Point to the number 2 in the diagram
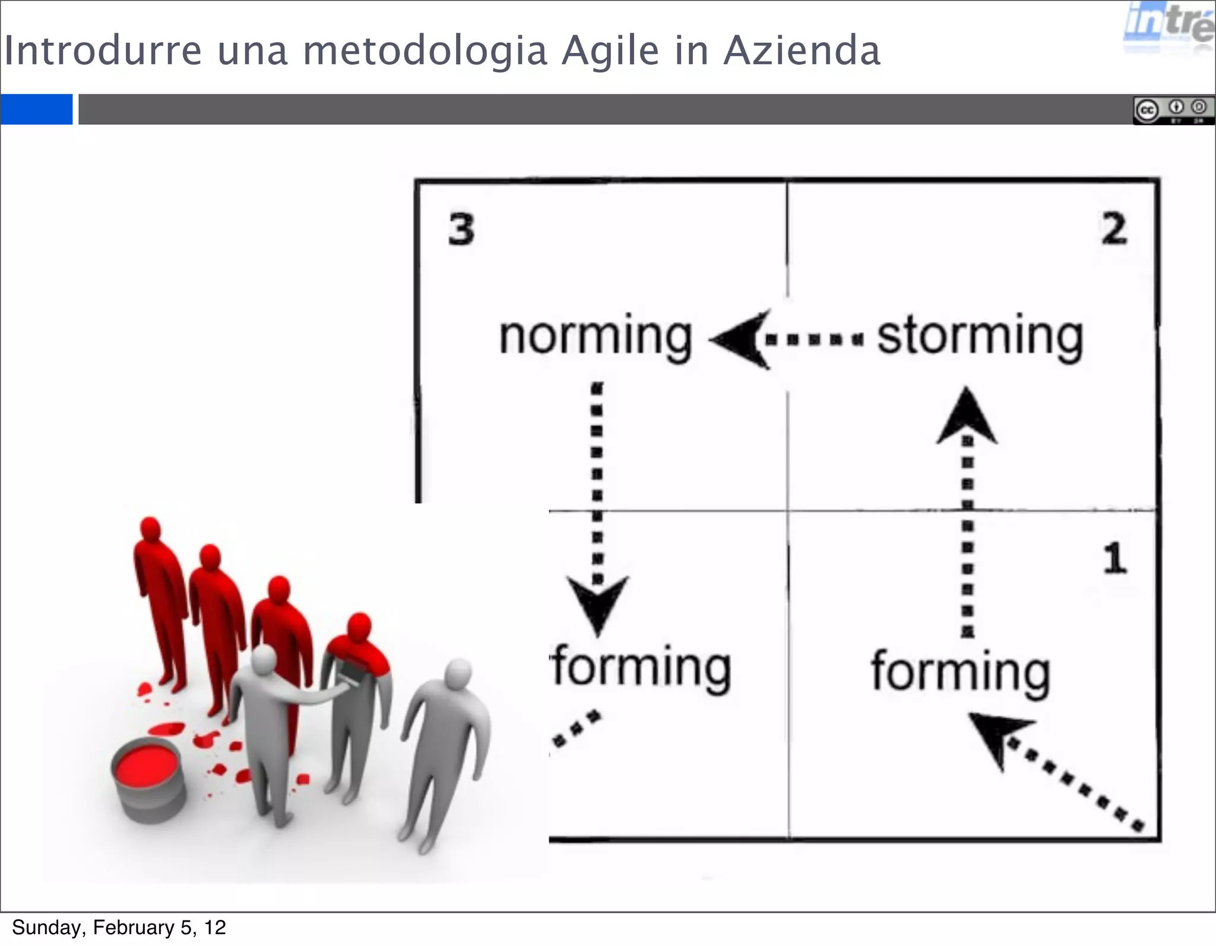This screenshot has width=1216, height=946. tap(1114, 229)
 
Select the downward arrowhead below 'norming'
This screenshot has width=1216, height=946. tap(597, 603)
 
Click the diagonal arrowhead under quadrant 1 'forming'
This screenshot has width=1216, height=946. tap(997, 736)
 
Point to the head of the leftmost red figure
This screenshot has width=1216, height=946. tap(150, 529)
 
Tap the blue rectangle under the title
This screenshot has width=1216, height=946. tap(36, 109)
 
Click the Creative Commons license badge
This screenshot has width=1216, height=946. tap(1173, 110)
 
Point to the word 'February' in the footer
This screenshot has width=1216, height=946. tap(133, 928)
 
